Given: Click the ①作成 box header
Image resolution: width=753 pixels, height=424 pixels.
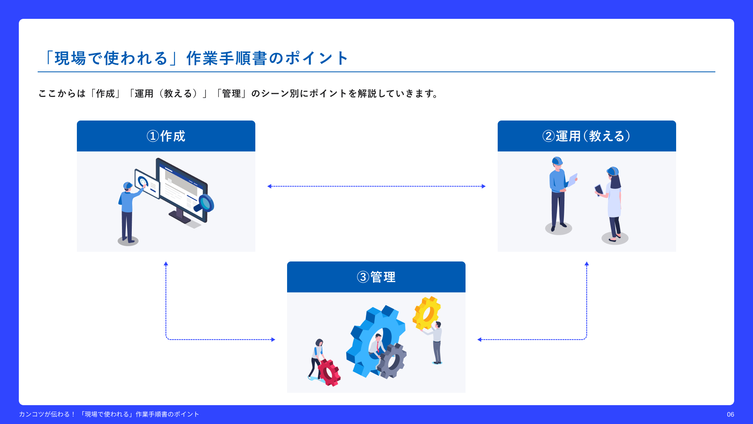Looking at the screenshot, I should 166,136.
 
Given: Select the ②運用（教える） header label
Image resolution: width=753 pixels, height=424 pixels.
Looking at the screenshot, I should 586,136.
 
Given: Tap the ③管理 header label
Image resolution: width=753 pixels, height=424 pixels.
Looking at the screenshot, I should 376,277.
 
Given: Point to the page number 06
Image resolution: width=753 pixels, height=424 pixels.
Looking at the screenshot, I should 730,414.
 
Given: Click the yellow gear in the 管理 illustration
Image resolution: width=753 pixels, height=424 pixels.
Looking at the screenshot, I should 426,313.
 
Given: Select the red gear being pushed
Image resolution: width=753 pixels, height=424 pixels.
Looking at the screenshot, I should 329,372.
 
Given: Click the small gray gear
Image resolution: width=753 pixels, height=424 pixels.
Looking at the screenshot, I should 392,360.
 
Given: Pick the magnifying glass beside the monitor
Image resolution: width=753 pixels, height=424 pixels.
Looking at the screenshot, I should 204,203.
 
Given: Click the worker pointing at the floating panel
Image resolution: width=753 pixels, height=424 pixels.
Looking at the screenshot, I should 127,212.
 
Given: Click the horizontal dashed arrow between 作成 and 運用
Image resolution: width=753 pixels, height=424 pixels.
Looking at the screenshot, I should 376,186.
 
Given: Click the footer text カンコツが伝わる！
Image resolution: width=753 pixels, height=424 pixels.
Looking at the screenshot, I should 47,414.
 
